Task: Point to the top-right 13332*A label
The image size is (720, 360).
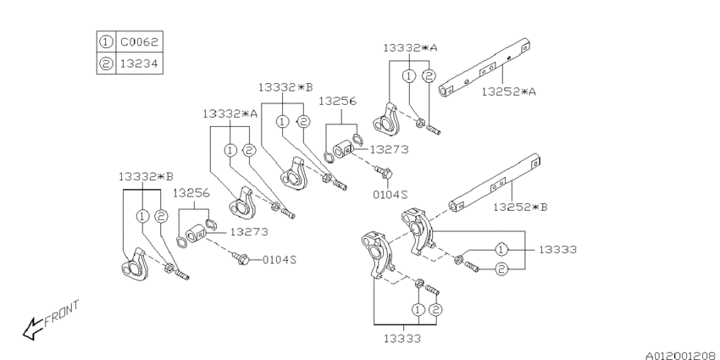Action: click(409, 48)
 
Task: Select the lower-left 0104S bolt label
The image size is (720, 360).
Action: click(280, 258)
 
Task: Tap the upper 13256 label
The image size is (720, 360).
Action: click(337, 101)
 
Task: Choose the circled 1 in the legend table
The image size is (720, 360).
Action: click(104, 41)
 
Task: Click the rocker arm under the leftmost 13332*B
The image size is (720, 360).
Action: click(133, 264)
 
